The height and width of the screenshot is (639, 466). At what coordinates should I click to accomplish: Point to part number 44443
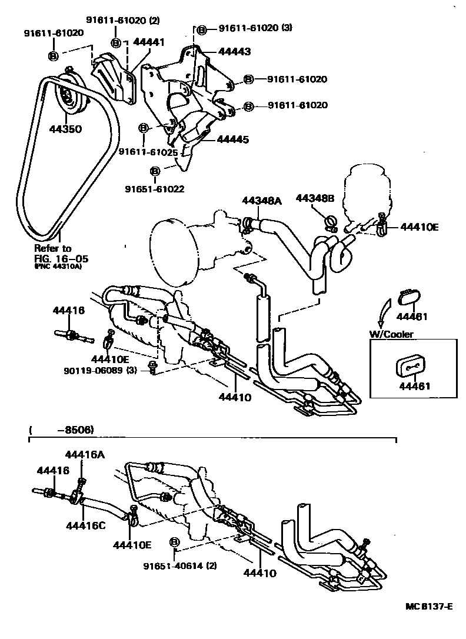(x=234, y=52)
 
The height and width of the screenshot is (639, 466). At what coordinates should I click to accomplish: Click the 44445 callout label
(x=233, y=139)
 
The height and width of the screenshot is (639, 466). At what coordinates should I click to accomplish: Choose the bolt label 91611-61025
(x=148, y=151)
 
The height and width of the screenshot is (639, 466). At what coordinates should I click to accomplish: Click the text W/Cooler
(x=391, y=334)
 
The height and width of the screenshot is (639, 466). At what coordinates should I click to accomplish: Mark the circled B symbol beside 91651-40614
(x=174, y=542)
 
